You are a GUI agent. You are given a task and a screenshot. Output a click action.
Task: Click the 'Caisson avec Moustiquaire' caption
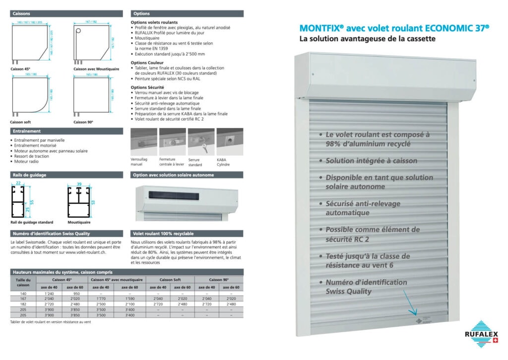tap(96, 69)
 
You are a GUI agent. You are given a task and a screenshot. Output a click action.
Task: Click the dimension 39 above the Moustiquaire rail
tap(79, 184)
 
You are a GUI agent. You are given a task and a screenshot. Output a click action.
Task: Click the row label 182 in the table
tap(23, 304)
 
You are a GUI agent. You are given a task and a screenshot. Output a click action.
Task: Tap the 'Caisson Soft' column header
tap(170, 280)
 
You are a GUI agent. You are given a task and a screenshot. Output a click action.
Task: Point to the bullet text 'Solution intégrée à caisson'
tap(371, 161)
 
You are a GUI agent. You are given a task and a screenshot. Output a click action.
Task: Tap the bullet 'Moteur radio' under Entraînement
tap(25, 161)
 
